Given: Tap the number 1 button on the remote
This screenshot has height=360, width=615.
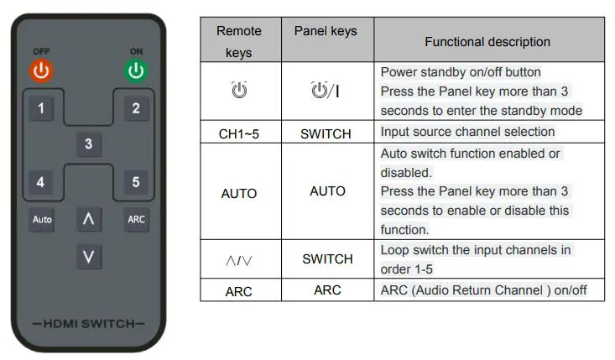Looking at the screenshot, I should [x=41, y=107].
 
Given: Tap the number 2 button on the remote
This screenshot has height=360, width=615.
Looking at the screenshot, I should [x=136, y=107].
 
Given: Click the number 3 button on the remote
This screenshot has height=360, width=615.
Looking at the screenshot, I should [x=89, y=144].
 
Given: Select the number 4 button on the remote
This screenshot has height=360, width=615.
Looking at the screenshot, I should [x=41, y=181].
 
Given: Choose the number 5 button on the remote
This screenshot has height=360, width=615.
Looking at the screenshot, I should [x=136, y=181].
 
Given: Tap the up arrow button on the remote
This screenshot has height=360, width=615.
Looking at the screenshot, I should [x=89, y=219].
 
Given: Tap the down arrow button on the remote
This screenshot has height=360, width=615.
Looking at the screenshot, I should [x=89, y=255].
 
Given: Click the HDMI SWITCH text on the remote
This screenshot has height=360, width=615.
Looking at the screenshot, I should [x=88, y=323].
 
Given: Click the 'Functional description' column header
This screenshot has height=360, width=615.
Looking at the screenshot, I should [x=487, y=41].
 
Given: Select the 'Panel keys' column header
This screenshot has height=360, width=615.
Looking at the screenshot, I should [x=326, y=31].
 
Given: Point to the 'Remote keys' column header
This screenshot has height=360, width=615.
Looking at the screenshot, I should [x=239, y=41].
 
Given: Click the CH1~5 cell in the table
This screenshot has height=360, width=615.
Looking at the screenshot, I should [x=239, y=133].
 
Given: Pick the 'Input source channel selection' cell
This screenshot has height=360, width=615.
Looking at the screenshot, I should [x=467, y=133].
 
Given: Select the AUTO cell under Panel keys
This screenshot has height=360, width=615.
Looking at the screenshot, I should [x=327, y=191].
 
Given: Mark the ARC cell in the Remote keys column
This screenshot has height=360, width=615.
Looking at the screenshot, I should [x=239, y=291].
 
